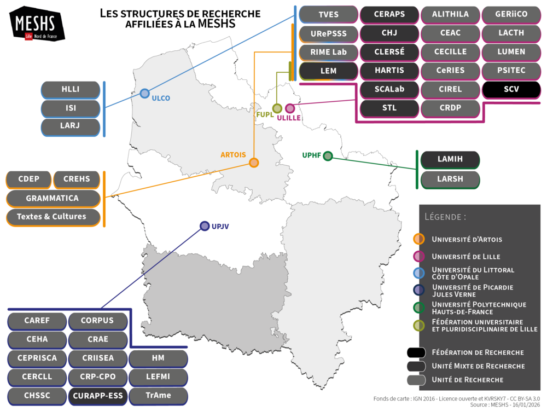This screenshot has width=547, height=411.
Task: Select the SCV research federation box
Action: point(511,89)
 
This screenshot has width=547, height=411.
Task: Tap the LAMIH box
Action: point(450,159)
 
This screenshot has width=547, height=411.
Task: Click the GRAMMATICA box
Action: point(53,198)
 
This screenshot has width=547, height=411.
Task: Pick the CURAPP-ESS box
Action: point(98,395)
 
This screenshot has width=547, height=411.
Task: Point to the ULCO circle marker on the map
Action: point(144,94)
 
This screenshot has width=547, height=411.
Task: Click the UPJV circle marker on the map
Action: point(205,225)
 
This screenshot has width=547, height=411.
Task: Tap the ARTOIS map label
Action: point(233,155)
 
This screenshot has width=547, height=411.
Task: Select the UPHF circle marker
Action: point(328,156)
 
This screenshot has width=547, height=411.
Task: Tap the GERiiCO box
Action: point(511,14)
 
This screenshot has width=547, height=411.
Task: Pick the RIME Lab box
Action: point(329,52)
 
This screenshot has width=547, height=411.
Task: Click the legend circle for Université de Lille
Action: point(419,256)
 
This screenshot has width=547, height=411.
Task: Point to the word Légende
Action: point(445,217)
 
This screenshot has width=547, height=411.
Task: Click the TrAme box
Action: point(158,395)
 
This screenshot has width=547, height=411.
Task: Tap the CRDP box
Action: point(450,108)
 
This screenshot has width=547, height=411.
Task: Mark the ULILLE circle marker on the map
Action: point(290,108)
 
